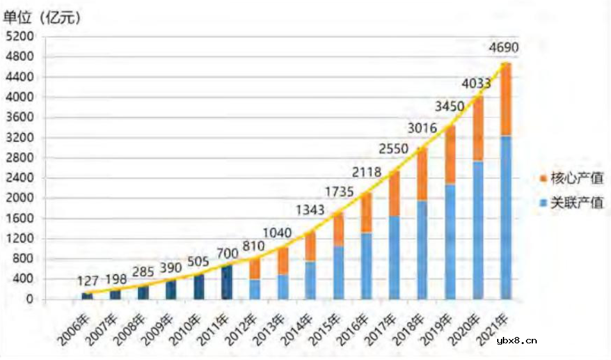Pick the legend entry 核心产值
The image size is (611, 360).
pos(572,178)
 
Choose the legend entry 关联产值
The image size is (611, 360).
pos(572,203)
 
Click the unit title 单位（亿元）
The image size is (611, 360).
pos(42,18)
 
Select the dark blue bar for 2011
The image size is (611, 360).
pos(227,282)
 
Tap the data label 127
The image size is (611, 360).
pos(88,280)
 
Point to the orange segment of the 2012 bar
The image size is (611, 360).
pos(255,267)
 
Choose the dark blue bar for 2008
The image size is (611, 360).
pos(143,292)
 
